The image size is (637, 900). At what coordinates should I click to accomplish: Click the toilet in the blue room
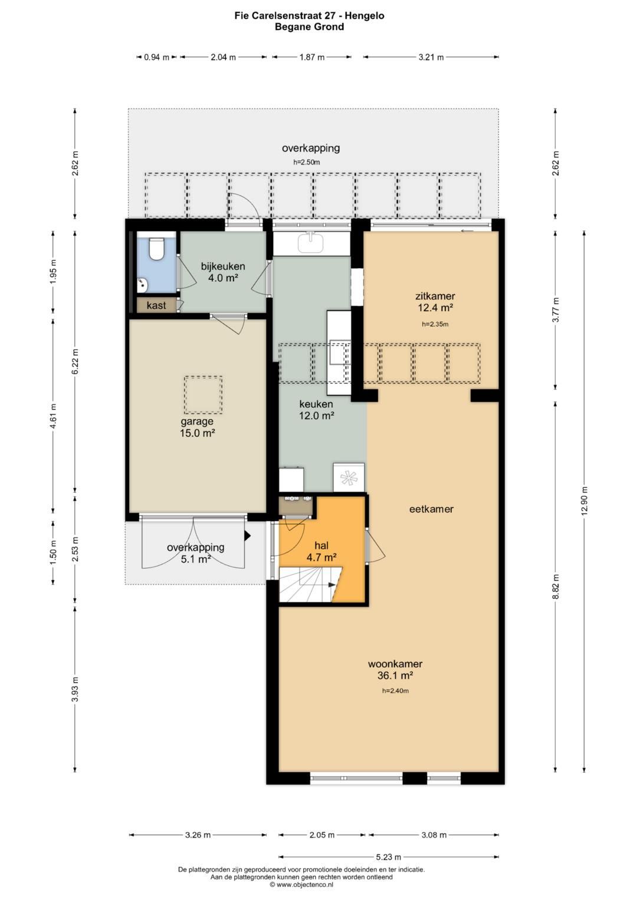(x=155, y=248)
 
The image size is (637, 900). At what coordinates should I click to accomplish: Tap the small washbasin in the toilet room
(x=142, y=285)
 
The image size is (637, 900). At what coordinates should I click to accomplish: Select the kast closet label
(x=156, y=306)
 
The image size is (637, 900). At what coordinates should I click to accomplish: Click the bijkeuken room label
(x=223, y=266)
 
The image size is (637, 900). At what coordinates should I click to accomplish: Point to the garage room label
(x=196, y=421)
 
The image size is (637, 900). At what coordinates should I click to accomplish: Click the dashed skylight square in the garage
(x=203, y=394)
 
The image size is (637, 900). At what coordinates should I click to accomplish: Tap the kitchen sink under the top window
(x=311, y=243)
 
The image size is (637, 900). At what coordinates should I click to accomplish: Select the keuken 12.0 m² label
(x=316, y=410)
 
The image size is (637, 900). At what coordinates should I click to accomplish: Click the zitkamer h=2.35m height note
(x=435, y=324)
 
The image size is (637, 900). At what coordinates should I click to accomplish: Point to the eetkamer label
(x=431, y=509)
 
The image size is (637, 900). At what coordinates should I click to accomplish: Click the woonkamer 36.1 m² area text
(x=395, y=675)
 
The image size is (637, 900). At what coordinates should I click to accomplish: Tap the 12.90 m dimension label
(x=585, y=500)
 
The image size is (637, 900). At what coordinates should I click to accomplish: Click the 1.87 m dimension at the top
(x=311, y=57)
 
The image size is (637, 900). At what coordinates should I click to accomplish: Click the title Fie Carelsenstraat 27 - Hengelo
(x=309, y=16)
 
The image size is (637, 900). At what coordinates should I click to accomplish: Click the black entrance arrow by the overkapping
(x=248, y=536)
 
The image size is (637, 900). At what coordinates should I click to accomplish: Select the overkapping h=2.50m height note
(x=307, y=162)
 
